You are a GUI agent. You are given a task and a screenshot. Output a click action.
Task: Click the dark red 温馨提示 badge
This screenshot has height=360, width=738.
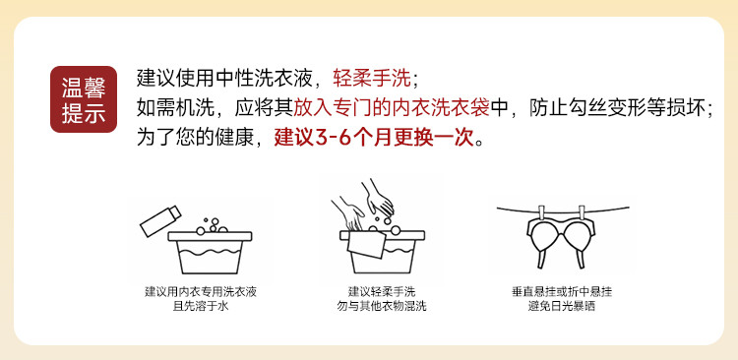[84, 99]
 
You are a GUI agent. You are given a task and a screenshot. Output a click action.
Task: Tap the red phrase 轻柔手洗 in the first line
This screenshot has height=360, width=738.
[372, 79]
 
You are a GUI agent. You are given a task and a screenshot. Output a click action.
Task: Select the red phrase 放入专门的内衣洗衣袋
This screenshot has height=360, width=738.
[392, 109]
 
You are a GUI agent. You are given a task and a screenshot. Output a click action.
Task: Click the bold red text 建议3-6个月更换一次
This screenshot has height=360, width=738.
[374, 138]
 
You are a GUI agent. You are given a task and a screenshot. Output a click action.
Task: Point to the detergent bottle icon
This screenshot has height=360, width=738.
[160, 220]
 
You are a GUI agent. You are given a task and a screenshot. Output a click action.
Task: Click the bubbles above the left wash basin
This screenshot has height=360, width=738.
[212, 226]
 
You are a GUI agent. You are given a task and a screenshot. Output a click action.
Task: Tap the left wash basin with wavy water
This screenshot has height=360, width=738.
[210, 252]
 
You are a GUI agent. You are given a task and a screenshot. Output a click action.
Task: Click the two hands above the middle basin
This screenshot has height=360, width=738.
[363, 206]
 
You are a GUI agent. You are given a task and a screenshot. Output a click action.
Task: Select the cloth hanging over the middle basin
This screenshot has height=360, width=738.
[367, 245]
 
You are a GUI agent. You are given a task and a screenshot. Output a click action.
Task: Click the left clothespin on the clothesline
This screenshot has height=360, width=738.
[541, 212]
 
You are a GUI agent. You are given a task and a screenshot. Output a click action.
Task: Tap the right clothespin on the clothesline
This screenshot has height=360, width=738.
[583, 212]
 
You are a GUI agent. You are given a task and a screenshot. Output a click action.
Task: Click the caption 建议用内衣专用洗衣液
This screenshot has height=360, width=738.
[201, 292]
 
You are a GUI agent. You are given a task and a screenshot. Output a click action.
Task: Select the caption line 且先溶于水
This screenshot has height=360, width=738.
[201, 307]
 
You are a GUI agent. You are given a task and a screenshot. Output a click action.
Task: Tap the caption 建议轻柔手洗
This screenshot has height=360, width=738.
[382, 292]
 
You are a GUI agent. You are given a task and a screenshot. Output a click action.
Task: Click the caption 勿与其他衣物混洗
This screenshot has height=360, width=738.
[382, 307]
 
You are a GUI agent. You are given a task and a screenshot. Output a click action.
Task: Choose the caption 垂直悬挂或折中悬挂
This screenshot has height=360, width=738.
[562, 292]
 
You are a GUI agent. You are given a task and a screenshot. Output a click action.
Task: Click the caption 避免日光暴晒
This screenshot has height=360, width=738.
[562, 307]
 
